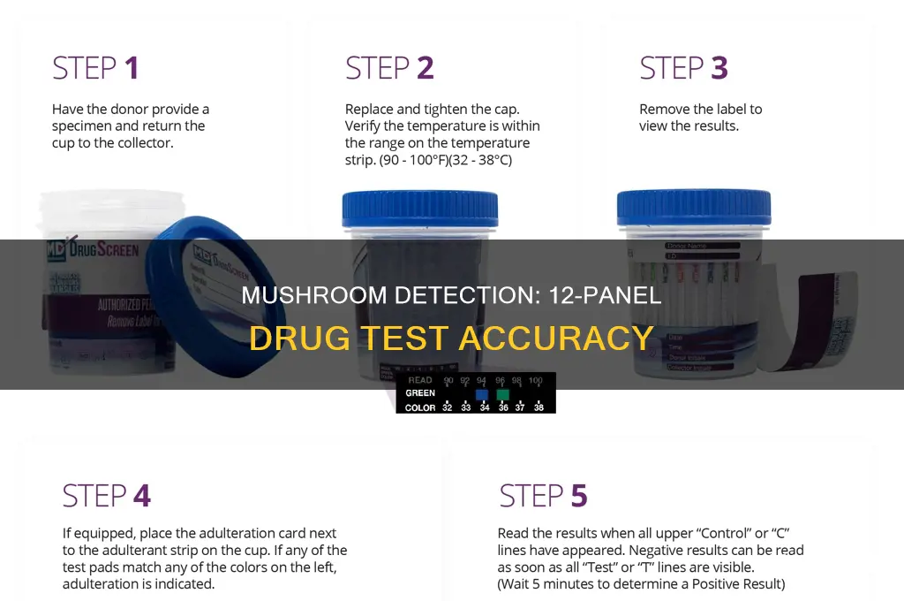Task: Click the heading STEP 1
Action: click(95, 68)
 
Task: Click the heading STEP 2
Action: click(389, 68)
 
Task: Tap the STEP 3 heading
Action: click(683, 68)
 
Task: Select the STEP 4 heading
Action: click(106, 496)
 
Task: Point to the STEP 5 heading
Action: click(543, 496)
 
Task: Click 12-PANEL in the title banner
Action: click(599, 295)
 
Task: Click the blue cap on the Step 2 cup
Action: click(419, 209)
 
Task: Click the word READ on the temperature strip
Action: click(419, 381)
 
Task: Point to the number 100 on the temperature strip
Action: click(536, 381)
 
